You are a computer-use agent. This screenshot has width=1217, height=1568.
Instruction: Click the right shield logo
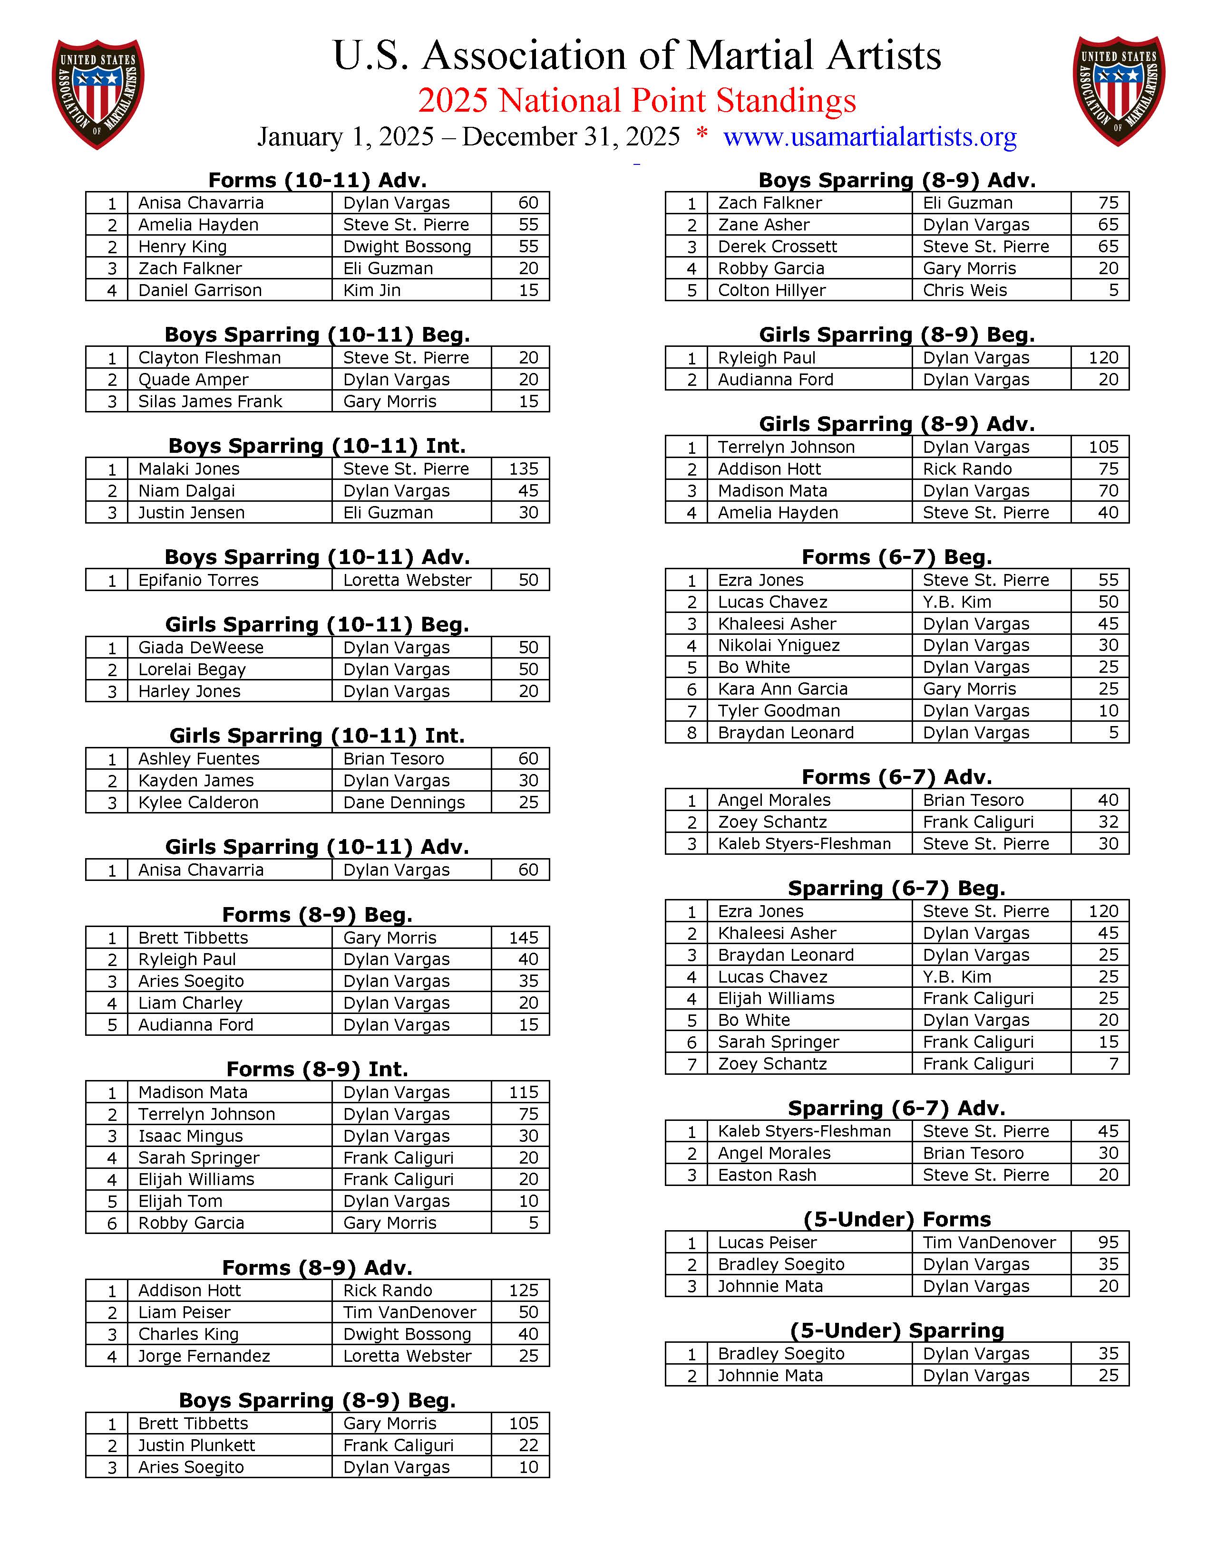(1118, 91)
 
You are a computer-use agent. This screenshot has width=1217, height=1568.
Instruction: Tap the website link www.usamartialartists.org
(869, 136)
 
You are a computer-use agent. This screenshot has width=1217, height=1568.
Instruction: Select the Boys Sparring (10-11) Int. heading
(317, 446)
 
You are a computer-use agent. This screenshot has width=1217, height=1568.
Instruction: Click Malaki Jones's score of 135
(523, 469)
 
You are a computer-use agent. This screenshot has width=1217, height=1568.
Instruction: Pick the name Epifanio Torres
(198, 580)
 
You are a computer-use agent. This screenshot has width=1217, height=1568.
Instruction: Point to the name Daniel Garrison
(200, 290)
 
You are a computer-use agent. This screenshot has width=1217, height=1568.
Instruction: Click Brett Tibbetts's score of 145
(523, 937)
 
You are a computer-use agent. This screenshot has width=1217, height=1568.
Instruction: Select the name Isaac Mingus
(190, 1136)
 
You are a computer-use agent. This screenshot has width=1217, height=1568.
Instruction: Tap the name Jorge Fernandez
(204, 1356)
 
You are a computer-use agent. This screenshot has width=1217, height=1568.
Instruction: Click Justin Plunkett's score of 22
(528, 1445)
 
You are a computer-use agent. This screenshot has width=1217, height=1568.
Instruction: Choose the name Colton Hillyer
(771, 290)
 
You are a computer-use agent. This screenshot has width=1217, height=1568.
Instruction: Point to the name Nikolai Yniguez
(779, 645)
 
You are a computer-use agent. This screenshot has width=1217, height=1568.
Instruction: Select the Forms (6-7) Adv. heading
(896, 777)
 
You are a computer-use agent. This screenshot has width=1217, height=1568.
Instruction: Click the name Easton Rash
(767, 1175)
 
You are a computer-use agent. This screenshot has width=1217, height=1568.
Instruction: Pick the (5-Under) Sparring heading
(896, 1330)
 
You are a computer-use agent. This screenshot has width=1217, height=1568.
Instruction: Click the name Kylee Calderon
(198, 803)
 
